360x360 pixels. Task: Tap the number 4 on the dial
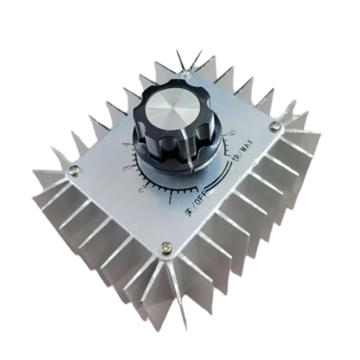(x=126, y=145)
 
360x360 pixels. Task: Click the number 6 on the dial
(x=232, y=133)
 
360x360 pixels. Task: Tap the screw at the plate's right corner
(x=274, y=127)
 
